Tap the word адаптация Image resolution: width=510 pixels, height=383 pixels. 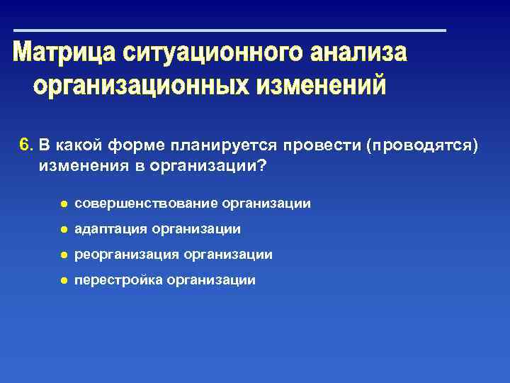[x=110, y=229]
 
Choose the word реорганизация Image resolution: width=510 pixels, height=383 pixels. [x=126, y=255]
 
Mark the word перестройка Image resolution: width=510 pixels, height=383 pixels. [x=118, y=280]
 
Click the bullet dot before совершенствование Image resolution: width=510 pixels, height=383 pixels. [x=63, y=204]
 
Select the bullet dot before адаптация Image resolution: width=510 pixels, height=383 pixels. [x=63, y=230]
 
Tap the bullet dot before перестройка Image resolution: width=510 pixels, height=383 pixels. [x=63, y=281]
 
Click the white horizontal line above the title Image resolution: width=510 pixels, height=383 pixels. [x=230, y=30]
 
